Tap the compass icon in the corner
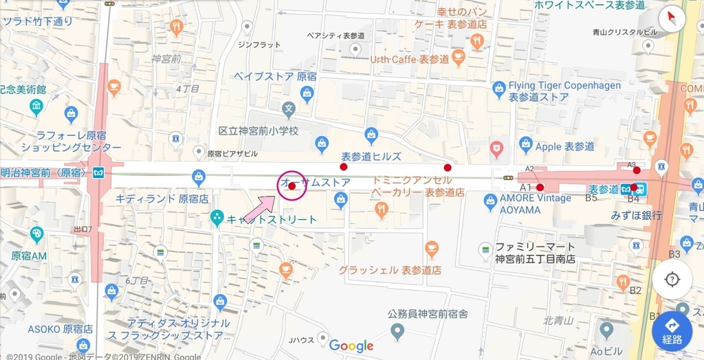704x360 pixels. (x=672, y=19)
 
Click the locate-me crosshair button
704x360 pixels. (x=672, y=280)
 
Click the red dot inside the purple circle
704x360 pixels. (x=291, y=186)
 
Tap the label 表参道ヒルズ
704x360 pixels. (x=371, y=156)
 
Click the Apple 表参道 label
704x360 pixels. (x=564, y=146)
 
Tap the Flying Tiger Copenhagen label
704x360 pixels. (x=564, y=86)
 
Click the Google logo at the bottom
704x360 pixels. (x=351, y=346)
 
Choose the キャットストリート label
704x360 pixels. (x=272, y=219)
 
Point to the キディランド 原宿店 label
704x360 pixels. (x=162, y=199)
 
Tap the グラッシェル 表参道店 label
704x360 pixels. (x=389, y=269)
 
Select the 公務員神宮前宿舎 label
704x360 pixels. (x=428, y=314)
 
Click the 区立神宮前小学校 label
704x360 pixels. (x=258, y=131)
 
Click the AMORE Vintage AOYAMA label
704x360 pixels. (x=535, y=203)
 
